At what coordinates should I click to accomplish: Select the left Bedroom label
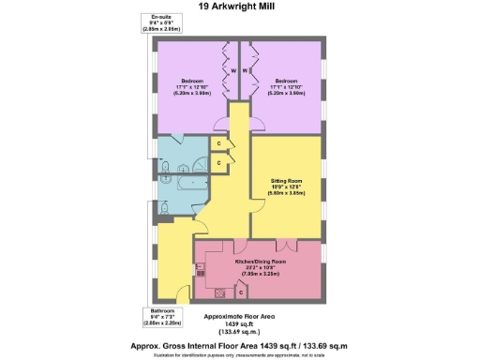194,81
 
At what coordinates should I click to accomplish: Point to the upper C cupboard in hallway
217,143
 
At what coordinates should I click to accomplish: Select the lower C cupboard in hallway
217,163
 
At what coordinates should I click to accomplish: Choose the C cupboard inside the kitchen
241,297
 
